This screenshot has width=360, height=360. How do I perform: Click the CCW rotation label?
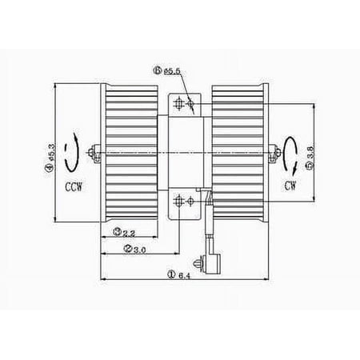pos(74,186)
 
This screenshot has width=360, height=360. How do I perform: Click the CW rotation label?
pos(290,186)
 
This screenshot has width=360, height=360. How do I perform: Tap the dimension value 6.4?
pos(184,276)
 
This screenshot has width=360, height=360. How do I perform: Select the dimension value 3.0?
pos(139,250)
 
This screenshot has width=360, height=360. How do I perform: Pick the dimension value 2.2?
pos(129,234)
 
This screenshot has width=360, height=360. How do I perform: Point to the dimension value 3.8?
pos(311,152)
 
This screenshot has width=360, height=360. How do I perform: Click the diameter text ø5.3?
pos(51,153)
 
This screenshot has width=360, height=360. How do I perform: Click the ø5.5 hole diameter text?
pos(172,71)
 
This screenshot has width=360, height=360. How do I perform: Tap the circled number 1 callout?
pos(171,274)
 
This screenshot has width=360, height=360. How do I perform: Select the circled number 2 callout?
pos(128,249)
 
